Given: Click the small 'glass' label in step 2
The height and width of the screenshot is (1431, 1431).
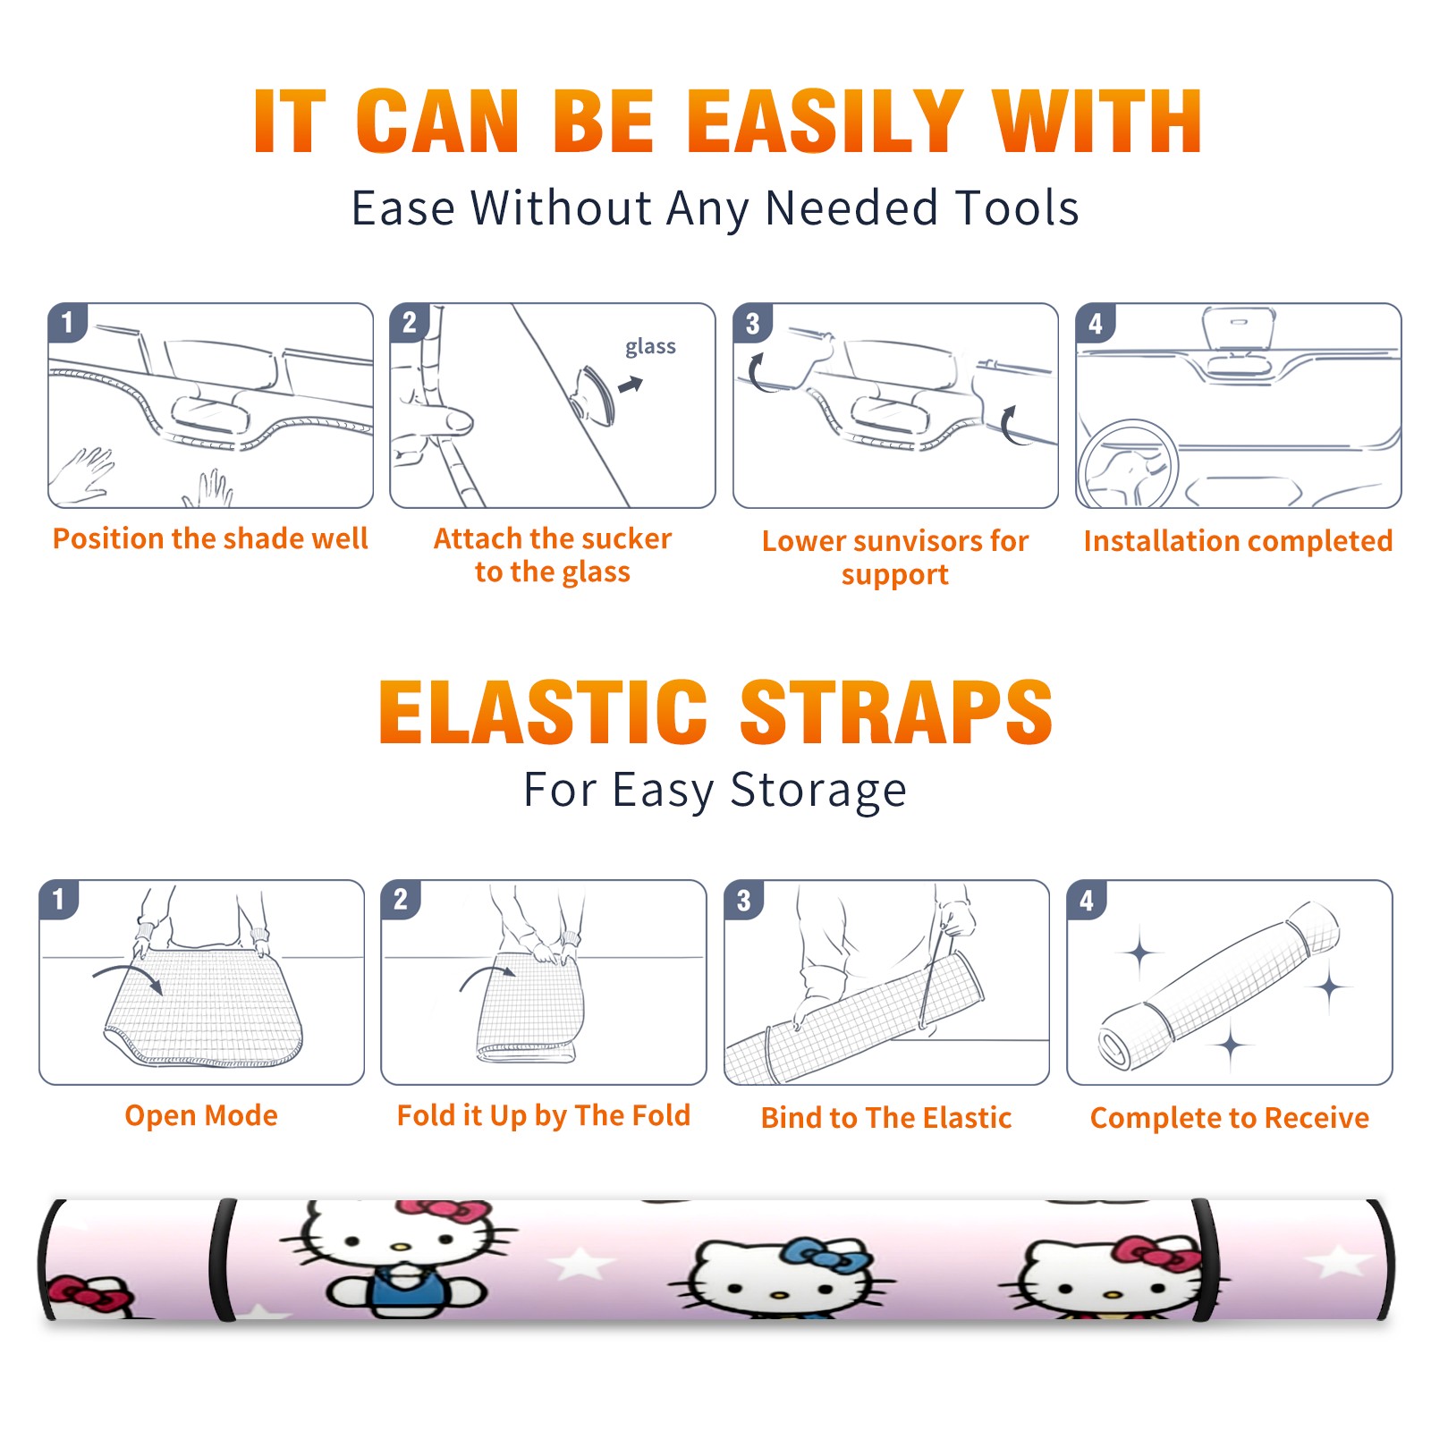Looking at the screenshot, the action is click(650, 347).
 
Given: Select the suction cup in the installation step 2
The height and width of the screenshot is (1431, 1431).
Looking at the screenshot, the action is click(594, 394).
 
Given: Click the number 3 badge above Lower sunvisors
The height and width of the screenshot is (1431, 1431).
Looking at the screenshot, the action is click(753, 323).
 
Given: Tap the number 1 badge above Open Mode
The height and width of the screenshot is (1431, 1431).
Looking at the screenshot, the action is click(59, 899).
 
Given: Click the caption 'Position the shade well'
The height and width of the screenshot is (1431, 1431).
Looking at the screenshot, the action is click(210, 538).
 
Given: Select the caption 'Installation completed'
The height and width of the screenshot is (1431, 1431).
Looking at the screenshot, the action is click(1238, 540).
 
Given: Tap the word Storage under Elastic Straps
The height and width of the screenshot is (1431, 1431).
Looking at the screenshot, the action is click(818, 791).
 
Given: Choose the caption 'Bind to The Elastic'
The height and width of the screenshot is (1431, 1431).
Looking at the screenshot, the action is click(886, 1117).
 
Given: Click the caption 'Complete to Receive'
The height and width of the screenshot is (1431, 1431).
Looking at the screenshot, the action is click(1230, 1117).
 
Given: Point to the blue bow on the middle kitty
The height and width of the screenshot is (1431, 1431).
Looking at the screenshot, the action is click(827, 1257).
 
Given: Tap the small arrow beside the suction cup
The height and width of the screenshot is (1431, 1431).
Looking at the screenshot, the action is click(631, 385).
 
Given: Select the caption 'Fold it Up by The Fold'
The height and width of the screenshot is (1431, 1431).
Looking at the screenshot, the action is click(544, 1115).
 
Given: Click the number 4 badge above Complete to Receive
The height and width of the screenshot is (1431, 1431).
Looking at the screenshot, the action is click(1087, 899).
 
